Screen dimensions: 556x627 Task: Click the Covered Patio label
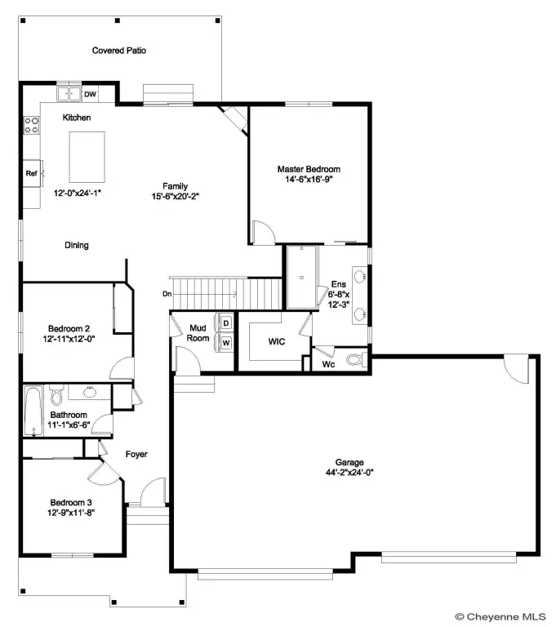coord(119,51)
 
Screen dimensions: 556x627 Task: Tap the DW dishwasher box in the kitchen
coord(91,94)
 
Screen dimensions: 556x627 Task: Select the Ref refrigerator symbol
coord(32,173)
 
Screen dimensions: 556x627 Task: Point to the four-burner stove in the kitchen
coord(32,125)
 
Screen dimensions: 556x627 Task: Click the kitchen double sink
coord(69,94)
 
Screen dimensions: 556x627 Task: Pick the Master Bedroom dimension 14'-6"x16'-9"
coord(309,179)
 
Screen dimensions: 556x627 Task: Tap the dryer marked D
coord(226,323)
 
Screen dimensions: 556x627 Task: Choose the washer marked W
coord(226,343)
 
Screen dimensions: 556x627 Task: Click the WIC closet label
coord(277,341)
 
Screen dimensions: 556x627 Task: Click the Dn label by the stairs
coord(167,294)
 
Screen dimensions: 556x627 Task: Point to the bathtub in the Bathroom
coord(33,411)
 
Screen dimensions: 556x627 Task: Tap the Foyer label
coord(136,454)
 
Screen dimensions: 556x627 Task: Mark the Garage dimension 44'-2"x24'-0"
coord(349,472)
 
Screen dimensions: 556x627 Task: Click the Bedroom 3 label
coord(71,503)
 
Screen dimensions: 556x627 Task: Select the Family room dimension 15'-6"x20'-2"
coord(176,196)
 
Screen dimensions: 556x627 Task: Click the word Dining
coord(77,245)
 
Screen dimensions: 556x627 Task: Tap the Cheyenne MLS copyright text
coord(500,616)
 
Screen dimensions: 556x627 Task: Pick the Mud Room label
coord(198,333)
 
